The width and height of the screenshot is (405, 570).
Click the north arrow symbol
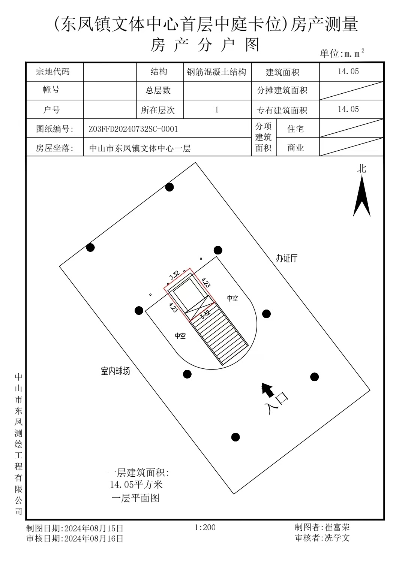[x=362, y=196]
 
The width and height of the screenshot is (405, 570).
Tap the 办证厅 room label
[x=286, y=258]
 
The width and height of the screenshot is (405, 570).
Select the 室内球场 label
[x=115, y=371]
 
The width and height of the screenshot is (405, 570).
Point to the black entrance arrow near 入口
[x=268, y=390]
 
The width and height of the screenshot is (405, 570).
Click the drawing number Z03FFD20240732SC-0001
[x=133, y=129]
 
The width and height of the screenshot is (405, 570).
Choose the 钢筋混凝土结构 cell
[x=216, y=72]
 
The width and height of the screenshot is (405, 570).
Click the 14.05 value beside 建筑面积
[x=348, y=72]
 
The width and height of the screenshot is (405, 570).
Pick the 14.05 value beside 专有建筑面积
[x=348, y=109]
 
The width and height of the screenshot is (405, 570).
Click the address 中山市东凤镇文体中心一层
[x=140, y=148]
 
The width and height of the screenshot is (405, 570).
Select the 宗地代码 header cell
[x=53, y=72]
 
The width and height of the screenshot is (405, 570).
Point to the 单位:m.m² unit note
[x=342, y=53]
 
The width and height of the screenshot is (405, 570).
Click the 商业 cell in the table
[x=295, y=148]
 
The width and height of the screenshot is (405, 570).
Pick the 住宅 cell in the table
[x=295, y=129]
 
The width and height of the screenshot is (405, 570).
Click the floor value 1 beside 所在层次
[x=217, y=110]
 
